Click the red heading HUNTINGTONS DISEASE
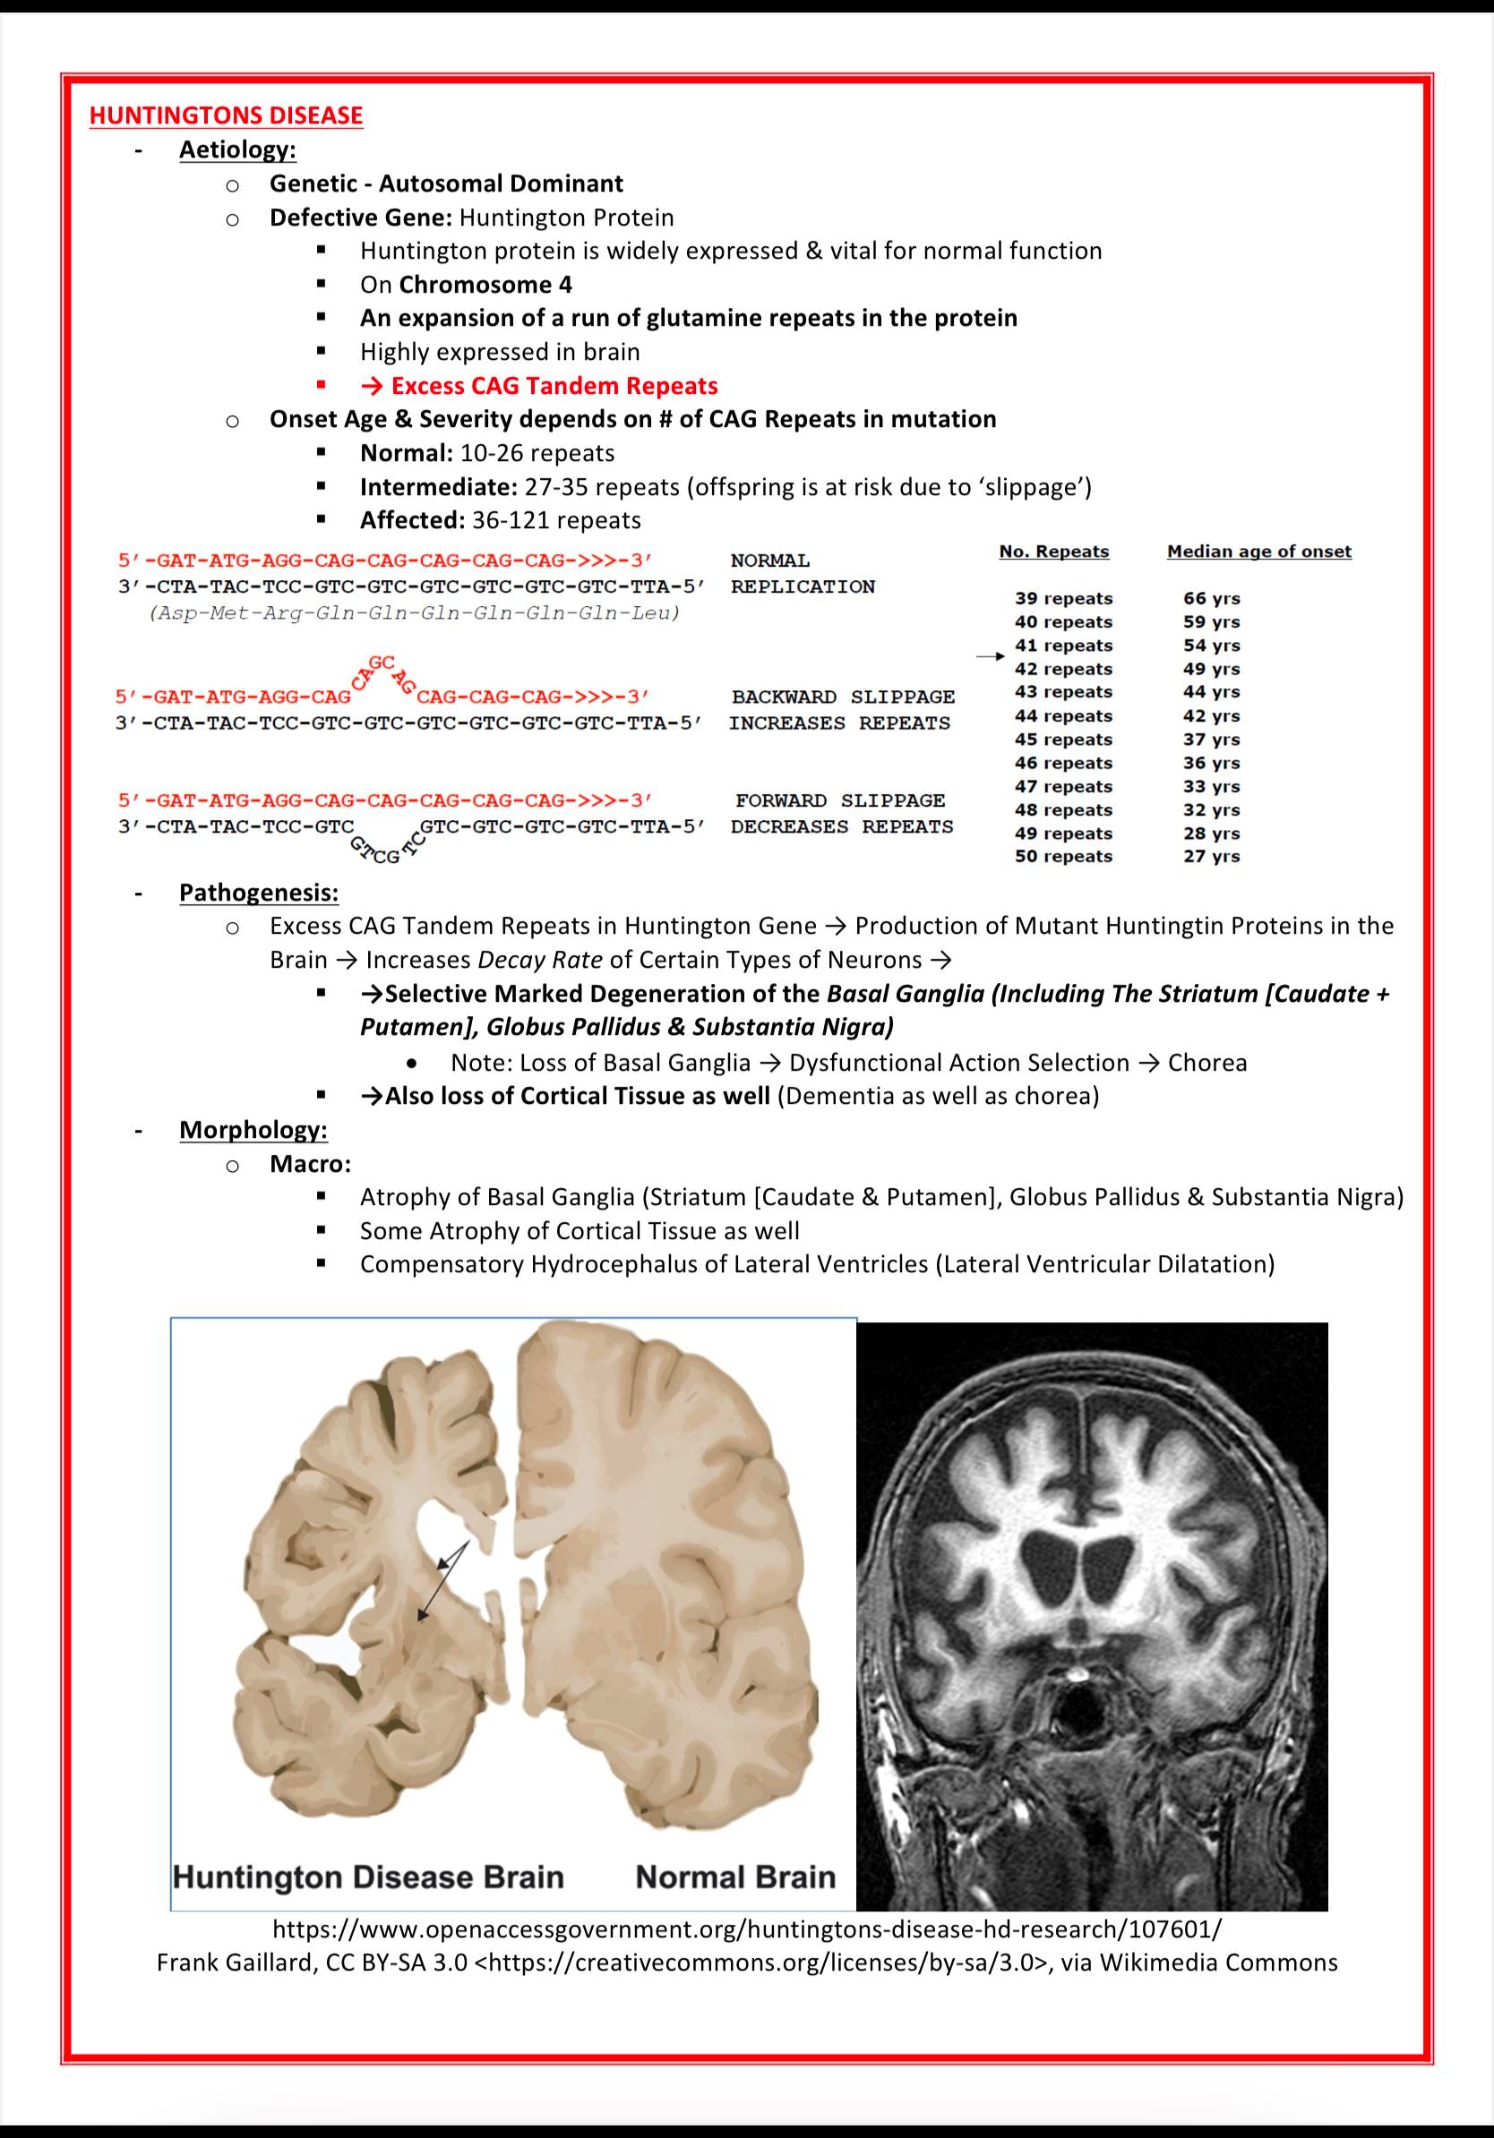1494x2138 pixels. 226,115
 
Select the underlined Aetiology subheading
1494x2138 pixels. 237,150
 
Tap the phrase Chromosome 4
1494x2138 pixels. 485,285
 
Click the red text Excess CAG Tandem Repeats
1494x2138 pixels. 554,386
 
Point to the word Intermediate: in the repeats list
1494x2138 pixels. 438,487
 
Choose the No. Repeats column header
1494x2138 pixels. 1053,552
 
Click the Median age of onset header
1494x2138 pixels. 1258,552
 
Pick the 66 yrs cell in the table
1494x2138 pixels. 1212,599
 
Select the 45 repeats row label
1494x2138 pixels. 1063,740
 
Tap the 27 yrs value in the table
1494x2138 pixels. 1212,857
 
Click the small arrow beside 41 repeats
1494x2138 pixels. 990,656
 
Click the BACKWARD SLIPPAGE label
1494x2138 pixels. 842,697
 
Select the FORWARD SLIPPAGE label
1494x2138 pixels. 839,800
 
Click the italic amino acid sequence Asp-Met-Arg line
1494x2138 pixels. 415,613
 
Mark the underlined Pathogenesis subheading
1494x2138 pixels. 259,893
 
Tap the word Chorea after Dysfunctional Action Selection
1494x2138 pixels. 1207,1063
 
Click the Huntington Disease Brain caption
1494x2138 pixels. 369,1877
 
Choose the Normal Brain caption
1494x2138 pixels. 734,1877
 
